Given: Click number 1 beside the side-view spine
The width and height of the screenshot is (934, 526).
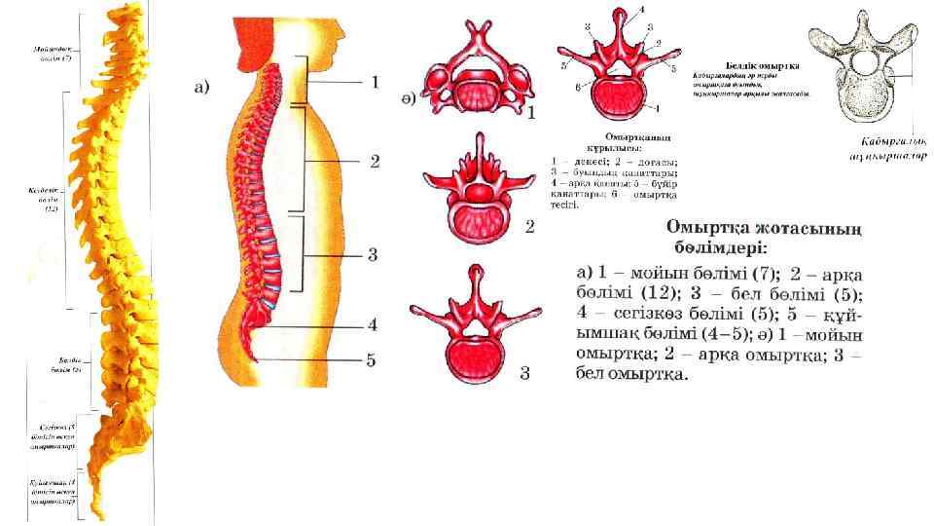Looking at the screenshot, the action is [x=374, y=82].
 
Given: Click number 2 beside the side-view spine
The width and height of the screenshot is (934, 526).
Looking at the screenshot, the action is [x=374, y=160].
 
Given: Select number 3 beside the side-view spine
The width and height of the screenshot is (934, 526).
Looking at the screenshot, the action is [x=373, y=256].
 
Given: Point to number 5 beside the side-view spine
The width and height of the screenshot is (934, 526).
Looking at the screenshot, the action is [x=372, y=360].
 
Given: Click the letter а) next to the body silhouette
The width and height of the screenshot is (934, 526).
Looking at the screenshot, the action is [x=202, y=89].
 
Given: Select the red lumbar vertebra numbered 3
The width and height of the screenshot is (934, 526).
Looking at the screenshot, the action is [x=477, y=322].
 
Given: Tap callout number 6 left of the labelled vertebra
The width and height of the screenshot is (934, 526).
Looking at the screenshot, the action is [x=578, y=87].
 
